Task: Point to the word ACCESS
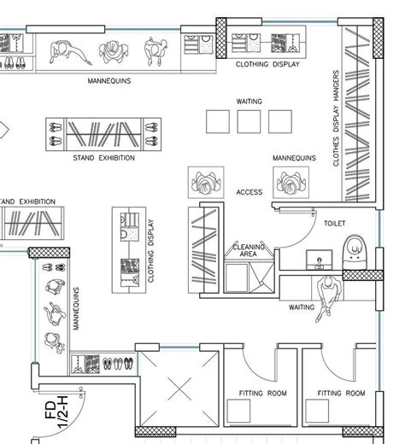coord(249,192)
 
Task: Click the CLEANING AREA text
coord(249,249)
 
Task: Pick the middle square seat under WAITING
coord(249,122)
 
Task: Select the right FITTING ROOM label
coord(342,394)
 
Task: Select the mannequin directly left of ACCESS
coord(206,182)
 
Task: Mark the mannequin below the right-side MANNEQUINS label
coord(291,181)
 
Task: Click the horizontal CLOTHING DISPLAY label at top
coord(267,64)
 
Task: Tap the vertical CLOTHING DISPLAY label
coord(151,252)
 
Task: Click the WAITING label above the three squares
coord(249,102)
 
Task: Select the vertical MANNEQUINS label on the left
coord(76,309)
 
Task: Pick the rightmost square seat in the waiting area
coord(279,122)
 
